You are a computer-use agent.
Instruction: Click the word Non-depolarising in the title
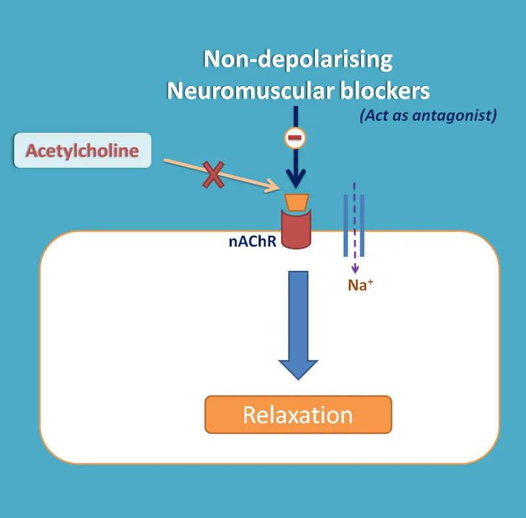tap(298, 60)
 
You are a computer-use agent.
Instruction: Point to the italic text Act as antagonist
tap(427, 116)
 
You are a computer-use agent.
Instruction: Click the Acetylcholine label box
tap(82, 151)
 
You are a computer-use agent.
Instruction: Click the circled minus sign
tap(295, 138)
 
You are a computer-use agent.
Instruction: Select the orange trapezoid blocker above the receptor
tap(297, 202)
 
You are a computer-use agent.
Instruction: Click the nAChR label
tap(252, 241)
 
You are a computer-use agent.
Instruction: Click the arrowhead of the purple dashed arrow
tap(355, 269)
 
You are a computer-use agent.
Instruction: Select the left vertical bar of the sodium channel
tap(346, 225)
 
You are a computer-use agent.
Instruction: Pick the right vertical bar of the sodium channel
tap(363, 225)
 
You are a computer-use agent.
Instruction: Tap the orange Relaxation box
tap(298, 415)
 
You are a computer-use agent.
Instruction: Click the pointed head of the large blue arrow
tap(298, 369)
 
